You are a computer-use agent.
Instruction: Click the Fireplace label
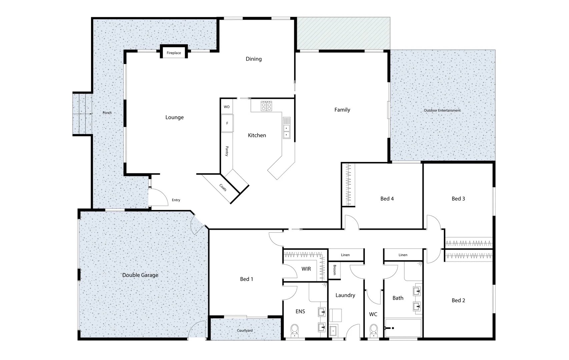click(174, 53)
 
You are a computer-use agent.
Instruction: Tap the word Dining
click(253, 59)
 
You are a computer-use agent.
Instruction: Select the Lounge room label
click(174, 117)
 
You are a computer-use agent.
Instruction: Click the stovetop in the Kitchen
click(266, 106)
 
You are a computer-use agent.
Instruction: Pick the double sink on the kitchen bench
click(287, 128)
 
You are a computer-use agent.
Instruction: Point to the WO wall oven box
click(227, 107)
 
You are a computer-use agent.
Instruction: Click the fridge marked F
click(227, 123)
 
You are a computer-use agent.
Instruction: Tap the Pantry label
click(227, 151)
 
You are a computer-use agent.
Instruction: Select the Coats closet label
click(223, 188)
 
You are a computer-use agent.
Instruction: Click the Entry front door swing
click(159, 198)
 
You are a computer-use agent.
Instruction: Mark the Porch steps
click(82, 114)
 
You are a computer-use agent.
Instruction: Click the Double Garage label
click(140, 275)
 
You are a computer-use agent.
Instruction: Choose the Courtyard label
click(245, 331)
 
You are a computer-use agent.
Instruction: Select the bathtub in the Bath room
click(403, 328)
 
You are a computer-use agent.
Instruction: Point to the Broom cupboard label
click(335, 270)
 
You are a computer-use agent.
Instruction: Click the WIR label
click(306, 269)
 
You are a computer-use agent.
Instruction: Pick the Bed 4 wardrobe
click(349, 185)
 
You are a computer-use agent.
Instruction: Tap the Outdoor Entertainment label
click(442, 110)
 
